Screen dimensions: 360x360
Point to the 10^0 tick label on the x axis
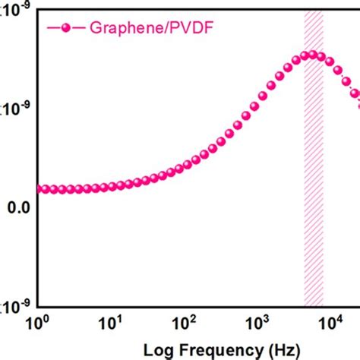[39, 323]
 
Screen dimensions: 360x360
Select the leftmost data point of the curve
[39, 189]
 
